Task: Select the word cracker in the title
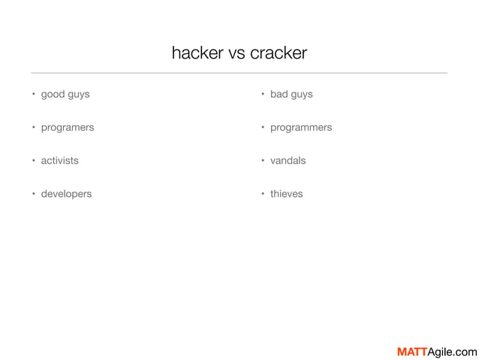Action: [279, 53]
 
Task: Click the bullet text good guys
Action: [65, 95]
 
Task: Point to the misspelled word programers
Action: [68, 128]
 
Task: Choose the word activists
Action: [59, 161]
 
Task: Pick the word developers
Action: [66, 194]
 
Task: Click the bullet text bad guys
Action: [291, 95]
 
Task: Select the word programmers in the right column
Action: [301, 128]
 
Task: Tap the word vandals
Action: [288, 161]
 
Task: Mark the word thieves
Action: [287, 194]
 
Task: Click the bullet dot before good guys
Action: [33, 95]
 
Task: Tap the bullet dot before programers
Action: [33, 128]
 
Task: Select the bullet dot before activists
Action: [33, 161]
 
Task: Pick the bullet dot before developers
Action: [33, 194]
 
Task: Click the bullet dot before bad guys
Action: [263, 95]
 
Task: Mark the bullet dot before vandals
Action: [263, 161]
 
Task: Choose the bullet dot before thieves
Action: [263, 194]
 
